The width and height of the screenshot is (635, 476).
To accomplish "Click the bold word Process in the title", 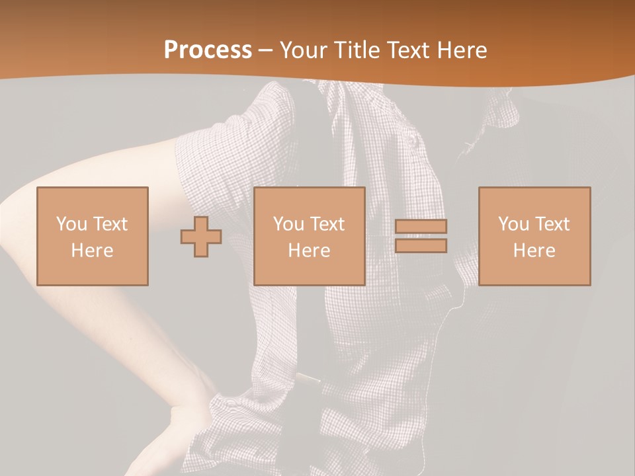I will (208, 50).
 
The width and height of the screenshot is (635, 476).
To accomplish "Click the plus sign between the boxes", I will (201, 237).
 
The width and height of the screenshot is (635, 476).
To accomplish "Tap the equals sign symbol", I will (421, 236).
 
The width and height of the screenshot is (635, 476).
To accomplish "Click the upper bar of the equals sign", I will (421, 227).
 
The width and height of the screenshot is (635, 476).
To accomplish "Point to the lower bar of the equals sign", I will (421, 245).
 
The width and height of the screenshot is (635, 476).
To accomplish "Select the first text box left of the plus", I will (92, 236).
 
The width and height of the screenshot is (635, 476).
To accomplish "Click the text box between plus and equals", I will (309, 236).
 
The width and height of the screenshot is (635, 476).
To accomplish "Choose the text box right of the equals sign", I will (534, 236).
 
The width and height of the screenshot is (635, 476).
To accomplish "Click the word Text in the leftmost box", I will (110, 224).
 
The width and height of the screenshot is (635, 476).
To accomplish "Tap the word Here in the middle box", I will (309, 251).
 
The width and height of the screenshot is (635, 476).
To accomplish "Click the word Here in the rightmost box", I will (534, 251).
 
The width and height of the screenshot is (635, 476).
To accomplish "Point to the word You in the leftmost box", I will (71, 224).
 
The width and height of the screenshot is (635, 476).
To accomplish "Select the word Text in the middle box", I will (327, 224).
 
